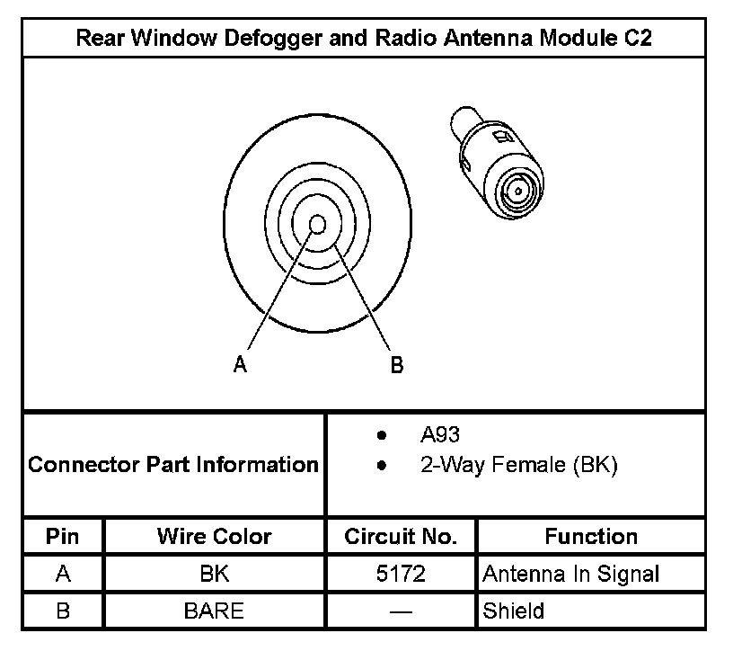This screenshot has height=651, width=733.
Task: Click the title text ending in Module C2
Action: [364, 39]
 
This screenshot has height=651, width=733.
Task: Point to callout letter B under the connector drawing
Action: [396, 364]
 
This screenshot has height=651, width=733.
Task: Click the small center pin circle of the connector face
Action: [317, 224]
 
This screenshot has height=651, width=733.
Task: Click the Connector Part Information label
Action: [173, 465]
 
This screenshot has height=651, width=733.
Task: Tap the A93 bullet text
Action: [440, 436]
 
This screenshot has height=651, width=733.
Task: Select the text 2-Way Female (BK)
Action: [518, 466]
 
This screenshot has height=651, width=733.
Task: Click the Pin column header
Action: [63, 537]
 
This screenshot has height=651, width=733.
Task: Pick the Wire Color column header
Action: [214, 537]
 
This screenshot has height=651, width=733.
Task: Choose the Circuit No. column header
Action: [401, 537]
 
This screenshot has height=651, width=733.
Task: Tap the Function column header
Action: [591, 537]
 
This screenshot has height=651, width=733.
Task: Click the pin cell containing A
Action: [63, 574]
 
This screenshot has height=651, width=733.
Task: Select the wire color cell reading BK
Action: [214, 574]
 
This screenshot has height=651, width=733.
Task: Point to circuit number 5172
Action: [401, 574]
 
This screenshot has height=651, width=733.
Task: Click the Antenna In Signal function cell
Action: [571, 574]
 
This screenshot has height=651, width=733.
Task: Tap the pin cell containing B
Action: [63, 611]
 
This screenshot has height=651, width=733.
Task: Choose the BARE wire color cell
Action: [214, 611]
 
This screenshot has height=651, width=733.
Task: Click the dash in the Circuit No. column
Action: [401, 612]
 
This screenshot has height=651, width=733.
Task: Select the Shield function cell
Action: [514, 611]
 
